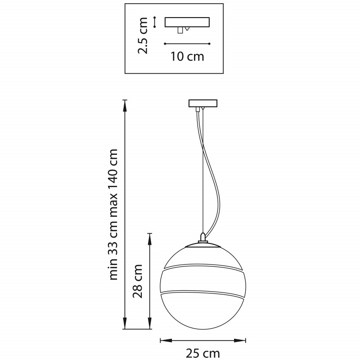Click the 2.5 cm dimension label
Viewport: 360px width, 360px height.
(x=142, y=36)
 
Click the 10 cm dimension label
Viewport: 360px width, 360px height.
(x=187, y=57)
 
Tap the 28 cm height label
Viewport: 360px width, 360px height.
(x=138, y=281)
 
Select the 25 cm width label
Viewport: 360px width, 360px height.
(x=203, y=353)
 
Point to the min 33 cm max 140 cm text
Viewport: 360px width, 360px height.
(x=112, y=215)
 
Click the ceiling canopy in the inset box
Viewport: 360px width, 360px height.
(x=187, y=22)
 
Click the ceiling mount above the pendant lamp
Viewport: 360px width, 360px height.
(x=203, y=103)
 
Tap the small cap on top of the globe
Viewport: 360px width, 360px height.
(x=203, y=238)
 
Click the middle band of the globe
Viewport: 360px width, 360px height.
(x=203, y=279)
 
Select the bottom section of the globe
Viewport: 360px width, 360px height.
(x=203, y=312)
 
